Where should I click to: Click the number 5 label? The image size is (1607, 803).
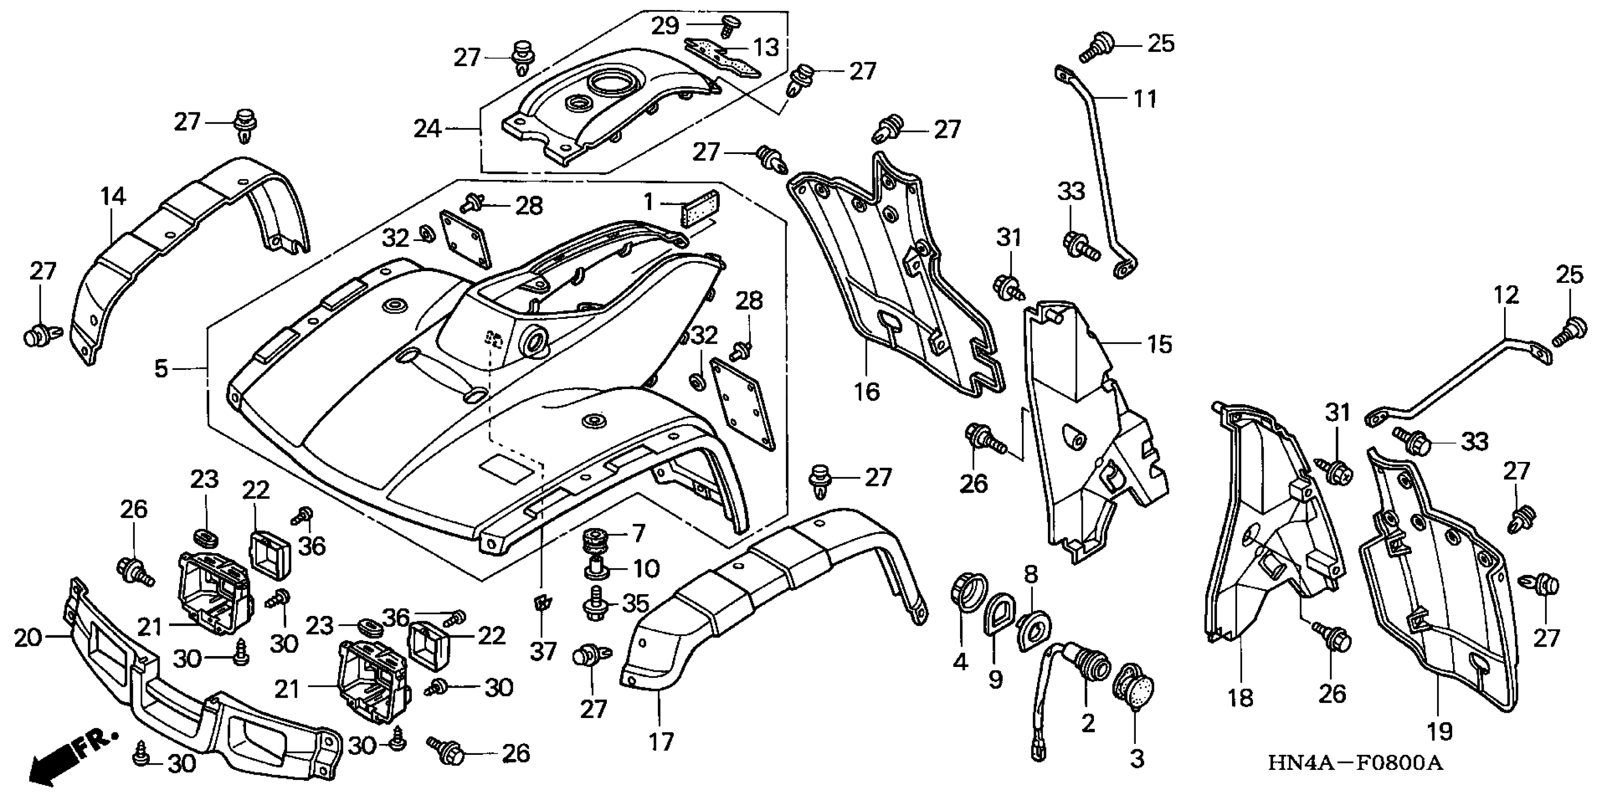[x=161, y=369]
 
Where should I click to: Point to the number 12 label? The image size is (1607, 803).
[x=1506, y=295]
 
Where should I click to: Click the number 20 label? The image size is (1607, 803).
[x=28, y=638]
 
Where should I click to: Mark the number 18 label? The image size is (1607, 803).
[x=1240, y=698]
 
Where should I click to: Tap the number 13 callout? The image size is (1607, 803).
[x=766, y=47]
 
